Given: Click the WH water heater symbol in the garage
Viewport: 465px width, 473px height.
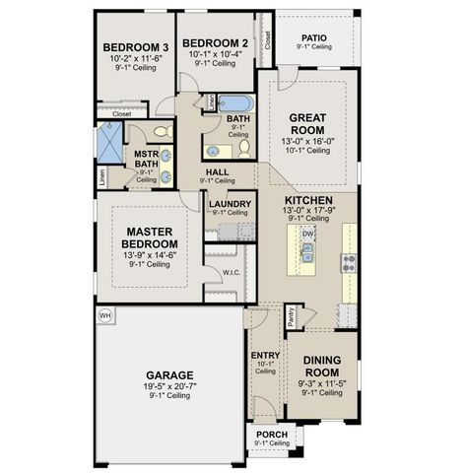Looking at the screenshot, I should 105,316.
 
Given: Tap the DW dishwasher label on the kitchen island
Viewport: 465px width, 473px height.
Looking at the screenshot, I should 307,234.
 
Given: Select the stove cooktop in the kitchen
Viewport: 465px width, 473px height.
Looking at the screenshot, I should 348,261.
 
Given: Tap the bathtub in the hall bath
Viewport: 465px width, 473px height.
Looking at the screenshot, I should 236,102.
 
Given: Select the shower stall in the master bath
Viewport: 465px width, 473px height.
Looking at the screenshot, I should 110,142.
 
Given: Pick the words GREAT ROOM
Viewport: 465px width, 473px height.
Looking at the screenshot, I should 306,123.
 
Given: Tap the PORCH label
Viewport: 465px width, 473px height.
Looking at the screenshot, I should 270,434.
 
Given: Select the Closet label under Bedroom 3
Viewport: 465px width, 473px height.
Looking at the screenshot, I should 121,113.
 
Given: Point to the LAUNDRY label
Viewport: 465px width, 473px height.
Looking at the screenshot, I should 230,203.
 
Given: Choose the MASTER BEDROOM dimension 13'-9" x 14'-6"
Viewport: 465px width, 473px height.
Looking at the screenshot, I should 150,254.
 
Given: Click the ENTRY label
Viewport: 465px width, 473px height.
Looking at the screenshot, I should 266,355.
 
